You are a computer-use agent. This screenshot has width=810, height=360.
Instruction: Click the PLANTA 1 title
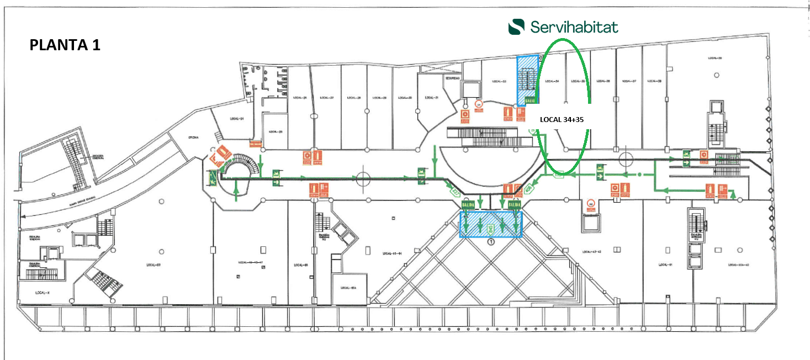pos(65,45)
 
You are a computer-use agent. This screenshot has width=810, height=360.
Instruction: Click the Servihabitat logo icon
pos(517,27)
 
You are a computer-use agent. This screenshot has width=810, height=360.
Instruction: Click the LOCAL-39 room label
pos(716,58)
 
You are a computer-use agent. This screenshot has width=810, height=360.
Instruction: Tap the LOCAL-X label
pos(43,292)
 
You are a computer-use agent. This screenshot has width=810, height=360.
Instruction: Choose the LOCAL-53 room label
pos(153,266)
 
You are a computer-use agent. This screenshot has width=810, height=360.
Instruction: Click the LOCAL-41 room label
pos(665,265)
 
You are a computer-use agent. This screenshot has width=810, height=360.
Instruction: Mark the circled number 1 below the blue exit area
pos(491,241)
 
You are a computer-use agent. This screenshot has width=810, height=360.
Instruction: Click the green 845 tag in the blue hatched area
pos(490,228)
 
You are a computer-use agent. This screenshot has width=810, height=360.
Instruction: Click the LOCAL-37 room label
pos(631,81)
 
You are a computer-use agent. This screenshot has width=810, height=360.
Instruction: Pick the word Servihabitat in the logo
pos(574,27)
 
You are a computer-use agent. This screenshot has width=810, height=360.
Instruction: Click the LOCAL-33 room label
pos(500,81)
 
